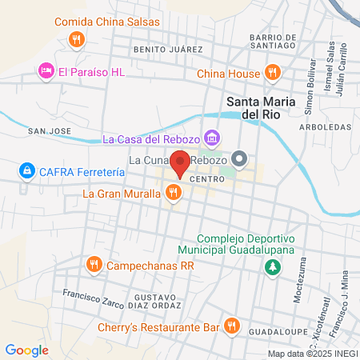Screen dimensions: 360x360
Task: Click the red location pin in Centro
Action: pyautogui.click(x=180, y=162)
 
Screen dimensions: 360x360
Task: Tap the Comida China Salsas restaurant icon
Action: pyautogui.click(x=76, y=38)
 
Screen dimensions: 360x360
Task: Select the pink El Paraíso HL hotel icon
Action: pyautogui.click(x=46, y=72)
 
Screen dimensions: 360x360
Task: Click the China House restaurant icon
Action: pyautogui.click(x=272, y=72)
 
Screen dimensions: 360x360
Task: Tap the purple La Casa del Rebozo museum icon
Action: pyautogui.click(x=211, y=138)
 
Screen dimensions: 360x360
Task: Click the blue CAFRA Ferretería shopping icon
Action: pyautogui.click(x=28, y=171)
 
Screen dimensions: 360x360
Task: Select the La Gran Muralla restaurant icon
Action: pyautogui.click(x=172, y=192)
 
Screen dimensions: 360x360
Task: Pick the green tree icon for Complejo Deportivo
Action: pyautogui.click(x=273, y=267)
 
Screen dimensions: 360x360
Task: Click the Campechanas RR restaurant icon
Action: pyautogui.click(x=94, y=264)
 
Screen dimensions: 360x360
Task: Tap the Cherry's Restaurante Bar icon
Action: pyautogui.click(x=231, y=326)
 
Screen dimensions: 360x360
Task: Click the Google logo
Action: pyautogui.click(x=27, y=350)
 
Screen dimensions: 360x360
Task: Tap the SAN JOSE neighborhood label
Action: pyautogui.click(x=44, y=130)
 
